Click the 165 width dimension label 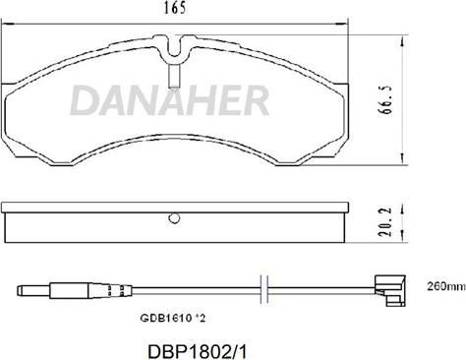[x=175, y=8]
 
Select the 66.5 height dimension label [x=385, y=100]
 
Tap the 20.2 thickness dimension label [x=385, y=221]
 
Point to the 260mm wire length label [x=446, y=286]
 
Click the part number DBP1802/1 [x=198, y=352]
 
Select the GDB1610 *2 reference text [x=173, y=318]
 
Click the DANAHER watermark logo [x=169, y=100]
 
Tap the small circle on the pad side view [x=174, y=218]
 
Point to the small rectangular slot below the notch [x=174, y=76]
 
